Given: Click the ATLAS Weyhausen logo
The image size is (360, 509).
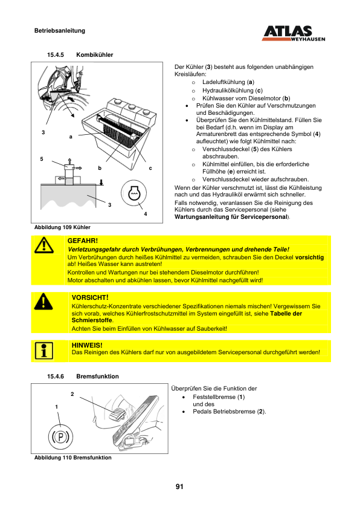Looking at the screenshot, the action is coord(293,33).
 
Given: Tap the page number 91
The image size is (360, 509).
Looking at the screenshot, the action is coord(179,486).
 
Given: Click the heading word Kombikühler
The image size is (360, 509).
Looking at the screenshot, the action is coord(95,55).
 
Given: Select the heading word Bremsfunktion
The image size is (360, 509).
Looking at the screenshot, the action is coord(98,376).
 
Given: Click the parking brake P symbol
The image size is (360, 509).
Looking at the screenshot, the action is coord(60,436).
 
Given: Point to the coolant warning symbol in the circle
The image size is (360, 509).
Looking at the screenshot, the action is coord(133,193).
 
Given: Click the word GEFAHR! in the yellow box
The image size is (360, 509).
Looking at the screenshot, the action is coord(82,241).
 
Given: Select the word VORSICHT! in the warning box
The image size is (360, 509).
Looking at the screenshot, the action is coord(90,297).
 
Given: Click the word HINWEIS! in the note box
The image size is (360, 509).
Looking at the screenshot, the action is coord(87,345).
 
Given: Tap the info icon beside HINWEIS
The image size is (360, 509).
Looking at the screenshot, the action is coord(43,351).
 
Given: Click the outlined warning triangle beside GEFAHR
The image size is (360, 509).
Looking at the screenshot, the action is coord(43,245).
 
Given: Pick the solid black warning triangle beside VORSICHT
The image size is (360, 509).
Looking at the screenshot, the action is coord(43,302).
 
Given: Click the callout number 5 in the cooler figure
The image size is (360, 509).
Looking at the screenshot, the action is coord(42,159).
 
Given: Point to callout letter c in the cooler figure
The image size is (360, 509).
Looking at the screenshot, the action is coord(150,168).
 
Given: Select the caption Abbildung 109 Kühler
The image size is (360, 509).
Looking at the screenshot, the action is coord(62,227).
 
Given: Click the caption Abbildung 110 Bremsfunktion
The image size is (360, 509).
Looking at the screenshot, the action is coord(73,458).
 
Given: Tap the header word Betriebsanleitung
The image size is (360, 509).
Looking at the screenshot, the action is coord(60,31).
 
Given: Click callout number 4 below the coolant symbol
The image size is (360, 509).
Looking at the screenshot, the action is coord(146,214).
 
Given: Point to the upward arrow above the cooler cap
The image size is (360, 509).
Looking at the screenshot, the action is coord(69,161).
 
